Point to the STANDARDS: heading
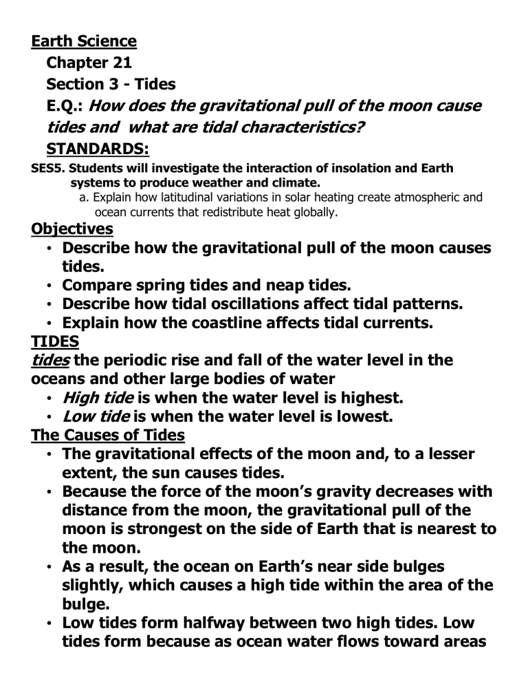[x=97, y=148]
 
